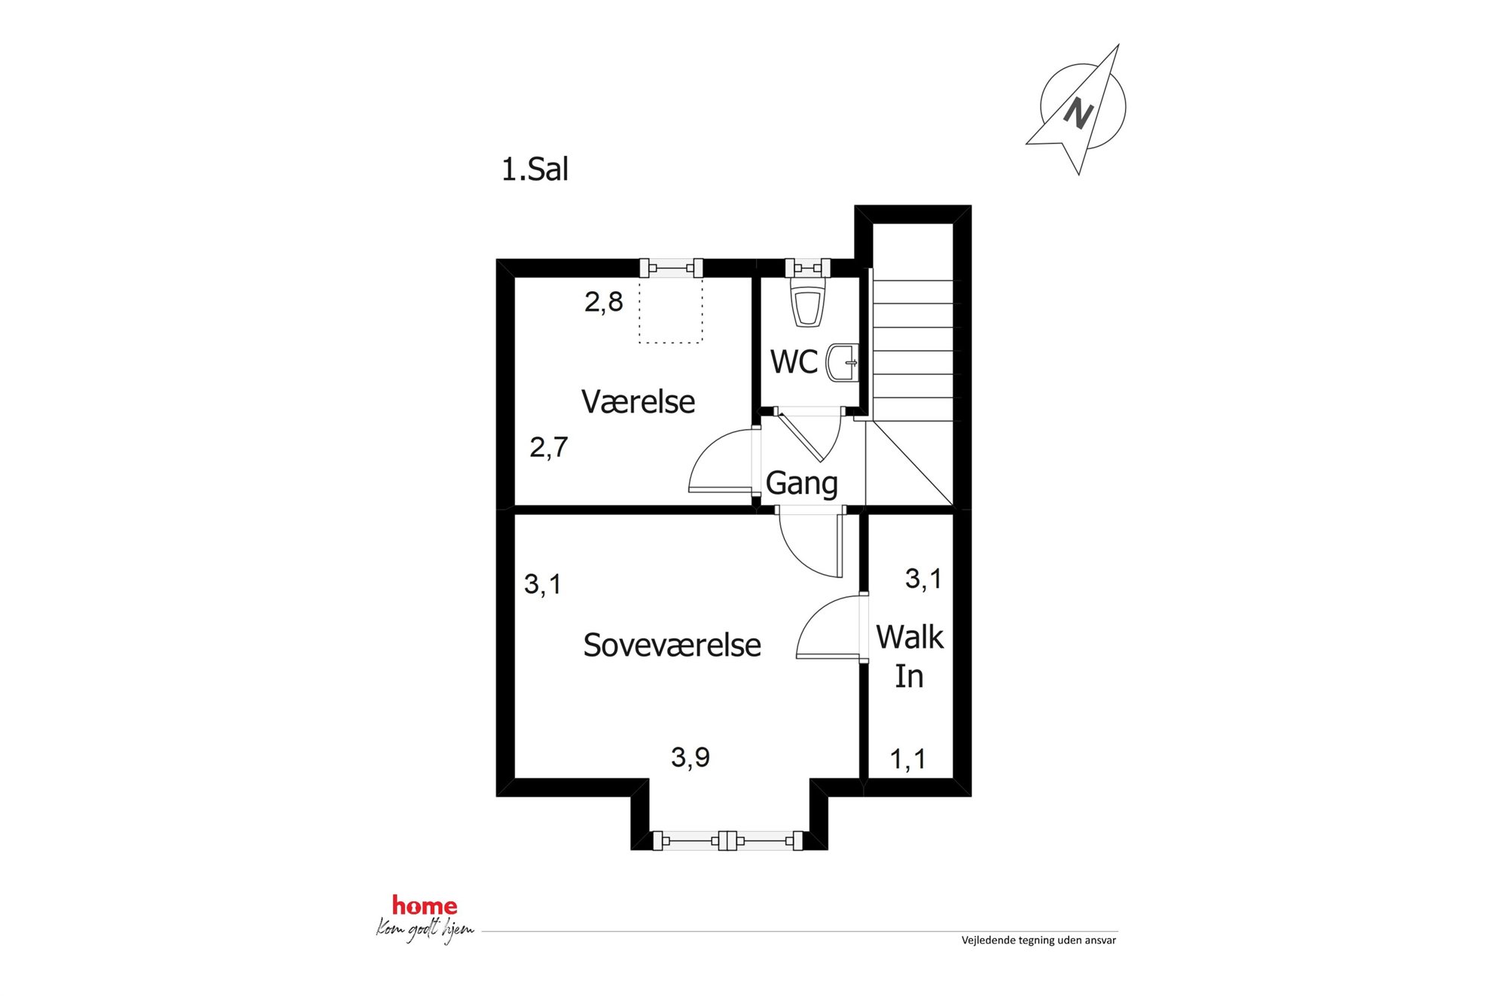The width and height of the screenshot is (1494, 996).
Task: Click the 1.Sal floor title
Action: tap(535, 169)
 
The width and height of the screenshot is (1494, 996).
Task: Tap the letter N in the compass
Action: tap(1078, 114)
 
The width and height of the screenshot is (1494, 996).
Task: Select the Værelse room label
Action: tap(638, 402)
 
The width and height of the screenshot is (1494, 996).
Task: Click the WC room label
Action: tap(794, 362)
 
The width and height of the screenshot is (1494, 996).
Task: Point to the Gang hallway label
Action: tap(801, 484)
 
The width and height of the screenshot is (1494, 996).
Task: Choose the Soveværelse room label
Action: tap(672, 645)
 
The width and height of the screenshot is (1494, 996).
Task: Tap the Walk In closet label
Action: tap(910, 656)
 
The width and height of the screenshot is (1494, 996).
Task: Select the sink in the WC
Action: tap(843, 363)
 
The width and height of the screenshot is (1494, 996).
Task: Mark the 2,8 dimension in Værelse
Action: tap(604, 303)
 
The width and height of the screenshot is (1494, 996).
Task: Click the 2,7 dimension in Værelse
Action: tap(548, 448)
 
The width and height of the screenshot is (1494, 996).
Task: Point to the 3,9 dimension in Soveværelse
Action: tap(691, 757)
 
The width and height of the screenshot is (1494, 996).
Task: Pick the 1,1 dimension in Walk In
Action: tap(908, 760)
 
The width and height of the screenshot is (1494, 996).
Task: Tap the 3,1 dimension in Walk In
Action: tap(923, 579)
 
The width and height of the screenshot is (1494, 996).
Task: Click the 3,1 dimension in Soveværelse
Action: tap(542, 584)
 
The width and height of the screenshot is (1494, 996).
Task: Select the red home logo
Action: tap(425, 906)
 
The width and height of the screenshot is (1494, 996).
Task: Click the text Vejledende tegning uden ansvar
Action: tap(1038, 940)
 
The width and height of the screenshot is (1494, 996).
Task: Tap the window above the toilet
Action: tap(807, 267)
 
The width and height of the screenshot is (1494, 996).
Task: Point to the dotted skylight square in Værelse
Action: tap(671, 310)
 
